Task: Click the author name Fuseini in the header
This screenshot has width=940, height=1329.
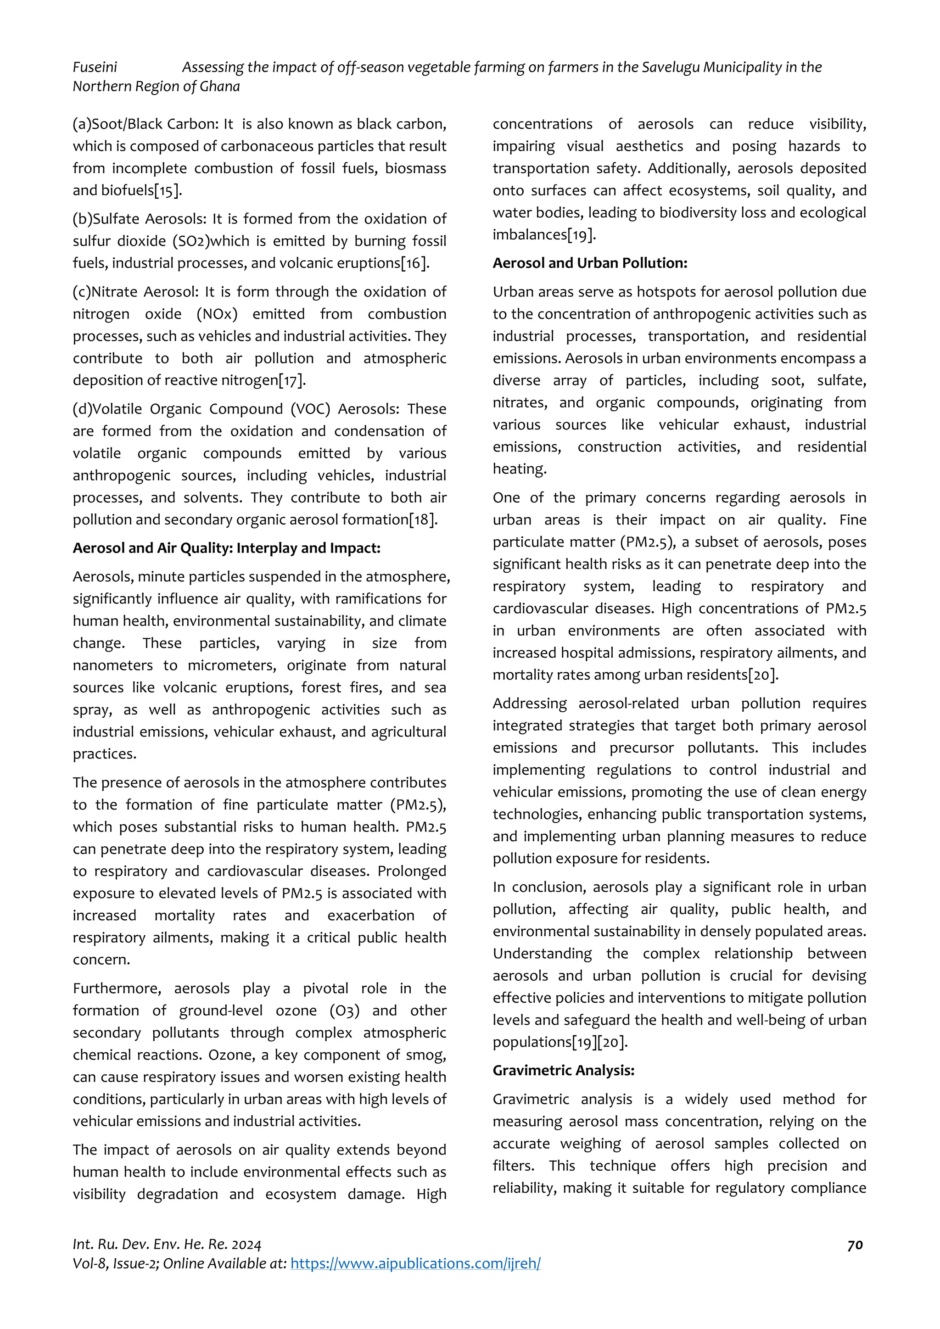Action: pyautogui.click(x=95, y=67)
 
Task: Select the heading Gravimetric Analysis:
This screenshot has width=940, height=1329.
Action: pyautogui.click(x=563, y=1070)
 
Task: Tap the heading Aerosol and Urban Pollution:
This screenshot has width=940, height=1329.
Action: pyautogui.click(x=589, y=263)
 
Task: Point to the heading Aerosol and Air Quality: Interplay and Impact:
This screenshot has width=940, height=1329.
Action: pyautogui.click(x=226, y=547)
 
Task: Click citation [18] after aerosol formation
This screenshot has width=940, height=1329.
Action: pyautogui.click(x=423, y=520)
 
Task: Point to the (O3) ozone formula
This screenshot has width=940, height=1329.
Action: pyautogui.click(x=344, y=1011)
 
